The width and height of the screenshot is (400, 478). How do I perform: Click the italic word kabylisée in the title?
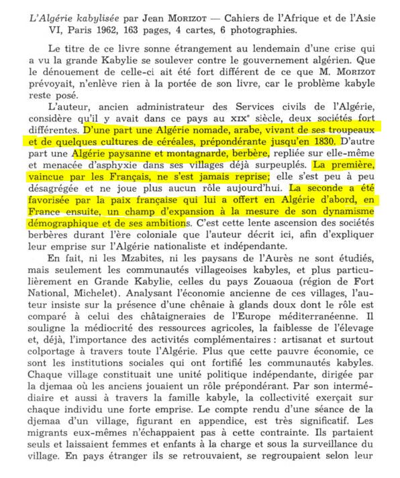click(85, 15)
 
